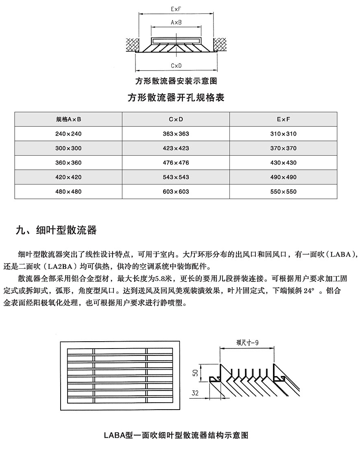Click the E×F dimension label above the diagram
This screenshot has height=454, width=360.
[176, 8]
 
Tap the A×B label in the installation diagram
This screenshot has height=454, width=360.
[176, 23]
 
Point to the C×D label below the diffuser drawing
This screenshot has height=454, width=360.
[176, 65]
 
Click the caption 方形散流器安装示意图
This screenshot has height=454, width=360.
[176, 81]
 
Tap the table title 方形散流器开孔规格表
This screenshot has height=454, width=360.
[176, 98]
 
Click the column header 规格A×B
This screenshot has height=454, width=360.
[69, 119]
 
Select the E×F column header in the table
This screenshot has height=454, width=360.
[284, 119]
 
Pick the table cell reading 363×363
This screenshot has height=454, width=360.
[176, 134]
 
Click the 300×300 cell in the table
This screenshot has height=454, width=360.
[69, 148]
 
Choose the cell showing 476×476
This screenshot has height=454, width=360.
[176, 162]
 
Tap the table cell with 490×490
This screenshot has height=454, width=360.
[284, 177]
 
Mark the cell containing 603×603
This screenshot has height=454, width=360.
[176, 191]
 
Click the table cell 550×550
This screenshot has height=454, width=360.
[284, 191]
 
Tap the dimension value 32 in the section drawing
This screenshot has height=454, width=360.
[196, 393]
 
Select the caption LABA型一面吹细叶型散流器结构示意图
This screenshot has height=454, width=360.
[176, 435]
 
